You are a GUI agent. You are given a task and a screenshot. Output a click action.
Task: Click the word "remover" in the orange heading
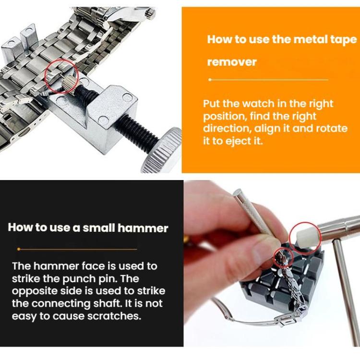[232, 62]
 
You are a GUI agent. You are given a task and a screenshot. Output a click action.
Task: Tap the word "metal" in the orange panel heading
[296, 39]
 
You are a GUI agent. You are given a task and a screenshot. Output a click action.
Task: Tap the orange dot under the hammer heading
[19, 249]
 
